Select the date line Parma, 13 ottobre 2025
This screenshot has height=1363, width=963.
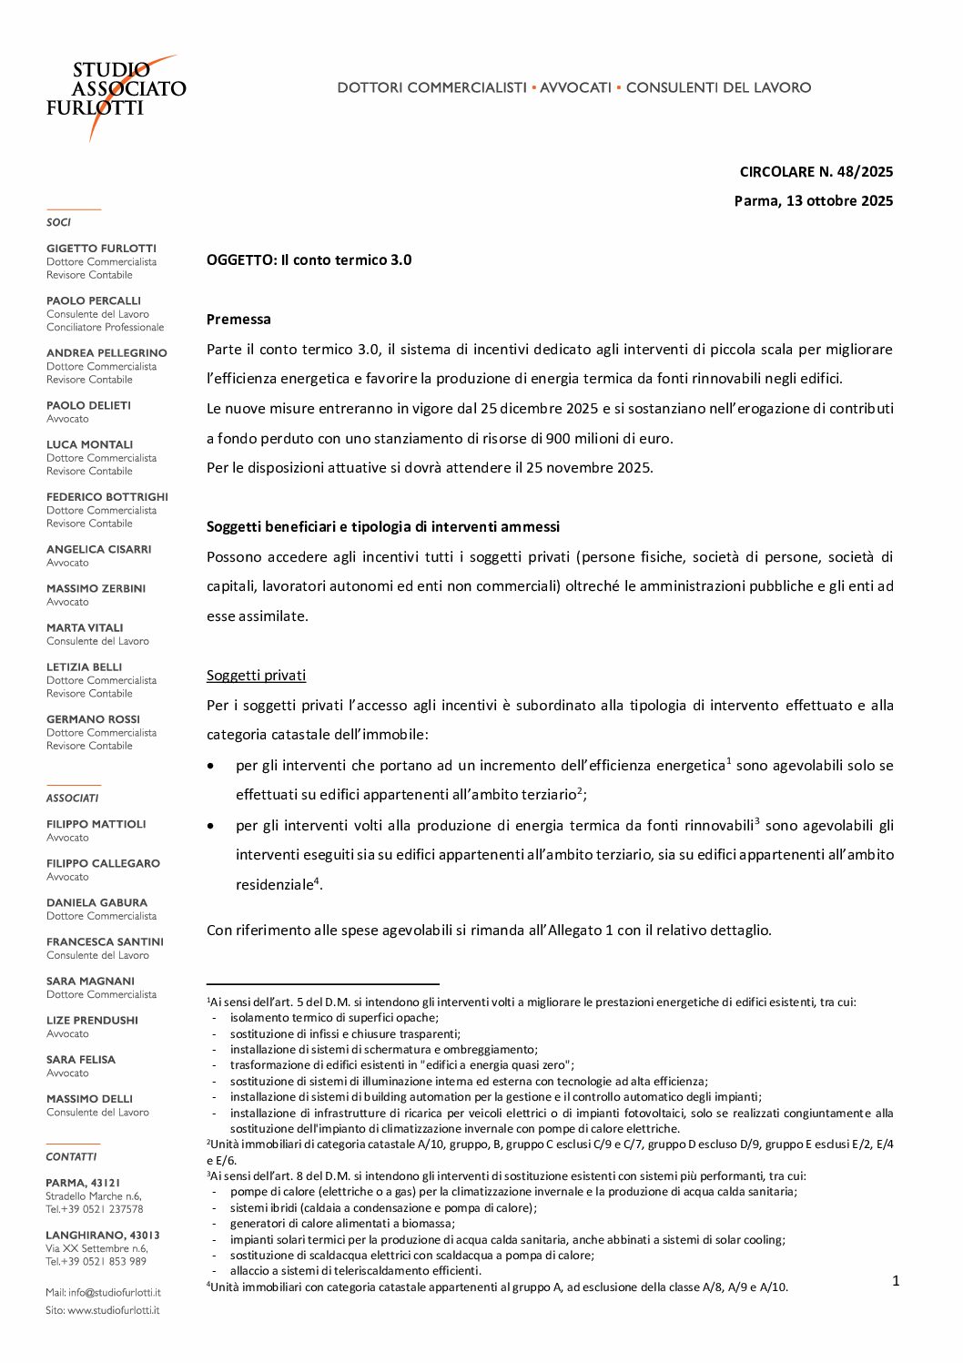pos(813,201)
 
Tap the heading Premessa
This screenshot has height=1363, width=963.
pos(238,320)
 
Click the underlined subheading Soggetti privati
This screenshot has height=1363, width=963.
pos(256,676)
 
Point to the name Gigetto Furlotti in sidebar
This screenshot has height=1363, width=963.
pos(101,249)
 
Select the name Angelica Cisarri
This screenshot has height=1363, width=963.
pos(98,550)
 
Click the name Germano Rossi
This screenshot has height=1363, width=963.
pos(93,719)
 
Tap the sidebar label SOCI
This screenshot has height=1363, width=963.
pos(58,222)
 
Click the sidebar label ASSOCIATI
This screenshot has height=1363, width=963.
pos(72,798)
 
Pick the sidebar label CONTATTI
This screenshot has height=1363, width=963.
pos(71,1157)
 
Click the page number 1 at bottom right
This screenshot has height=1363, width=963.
pos(895,1281)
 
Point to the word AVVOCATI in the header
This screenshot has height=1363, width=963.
pos(575,88)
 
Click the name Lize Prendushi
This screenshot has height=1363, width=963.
pos(92,1021)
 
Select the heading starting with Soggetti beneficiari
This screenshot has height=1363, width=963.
pos(383,527)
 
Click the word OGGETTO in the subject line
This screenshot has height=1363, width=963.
pos(240,260)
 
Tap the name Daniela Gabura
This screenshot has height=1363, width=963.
pos(96,903)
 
